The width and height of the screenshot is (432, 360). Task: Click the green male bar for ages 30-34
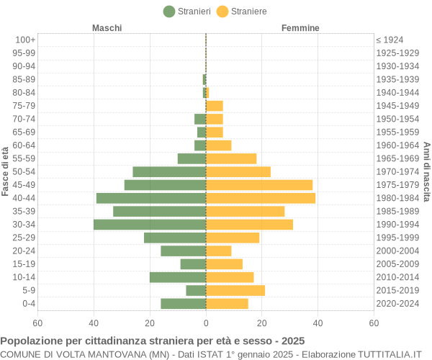[x=150, y=225]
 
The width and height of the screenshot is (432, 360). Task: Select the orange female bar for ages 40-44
[x=261, y=198]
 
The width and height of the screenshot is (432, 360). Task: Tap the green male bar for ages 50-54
[x=169, y=172]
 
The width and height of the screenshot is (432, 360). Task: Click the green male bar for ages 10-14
[x=178, y=277]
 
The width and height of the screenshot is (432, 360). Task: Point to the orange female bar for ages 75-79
[x=215, y=106]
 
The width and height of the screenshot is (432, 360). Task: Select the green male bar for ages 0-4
[x=184, y=304]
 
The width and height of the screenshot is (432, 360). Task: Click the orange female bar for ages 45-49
[x=259, y=185]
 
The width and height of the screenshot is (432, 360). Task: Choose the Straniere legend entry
[x=242, y=12]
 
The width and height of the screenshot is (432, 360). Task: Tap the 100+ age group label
[x=25, y=40]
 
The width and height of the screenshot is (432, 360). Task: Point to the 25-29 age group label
[x=24, y=238]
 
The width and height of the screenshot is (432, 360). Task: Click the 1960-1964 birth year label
[x=397, y=145]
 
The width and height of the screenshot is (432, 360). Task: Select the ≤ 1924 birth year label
[x=390, y=40]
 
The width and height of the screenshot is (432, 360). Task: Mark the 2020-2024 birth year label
[x=397, y=304]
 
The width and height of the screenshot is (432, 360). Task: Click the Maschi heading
[x=107, y=28]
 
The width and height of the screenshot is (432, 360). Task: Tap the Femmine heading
[x=300, y=28]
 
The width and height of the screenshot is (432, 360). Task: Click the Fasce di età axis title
[x=6, y=171]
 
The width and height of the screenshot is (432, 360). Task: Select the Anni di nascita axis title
[x=426, y=171]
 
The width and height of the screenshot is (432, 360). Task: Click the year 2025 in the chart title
[x=292, y=341]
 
